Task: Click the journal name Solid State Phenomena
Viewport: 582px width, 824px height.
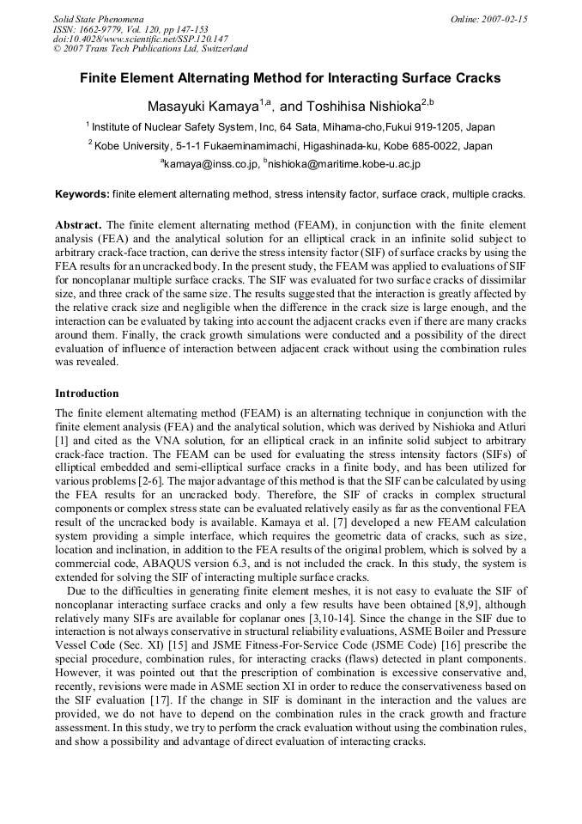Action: click(x=98, y=18)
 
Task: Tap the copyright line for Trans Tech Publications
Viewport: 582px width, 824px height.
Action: click(x=150, y=49)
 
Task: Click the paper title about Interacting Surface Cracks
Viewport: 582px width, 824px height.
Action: click(x=290, y=78)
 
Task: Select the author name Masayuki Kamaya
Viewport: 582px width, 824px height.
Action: click(x=203, y=107)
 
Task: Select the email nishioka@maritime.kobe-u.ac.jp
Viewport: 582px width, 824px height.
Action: click(x=345, y=163)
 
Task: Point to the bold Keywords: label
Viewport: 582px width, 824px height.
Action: click(x=82, y=194)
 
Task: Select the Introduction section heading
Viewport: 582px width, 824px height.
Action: click(x=87, y=394)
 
